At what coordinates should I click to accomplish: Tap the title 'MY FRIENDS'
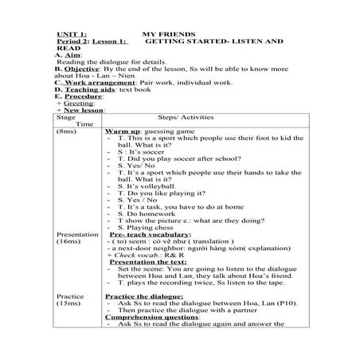tap(164, 37)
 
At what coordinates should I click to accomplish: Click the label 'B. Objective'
tap(77, 68)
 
